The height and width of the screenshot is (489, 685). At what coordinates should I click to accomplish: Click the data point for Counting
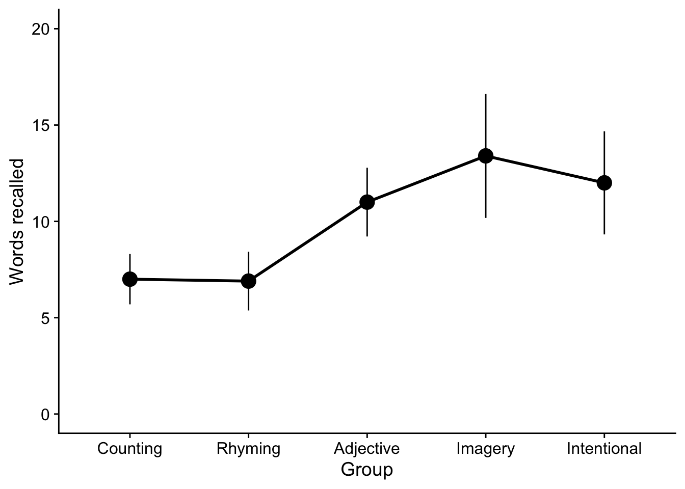click(x=130, y=279)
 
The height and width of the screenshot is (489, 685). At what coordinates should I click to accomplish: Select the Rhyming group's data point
click(x=248, y=281)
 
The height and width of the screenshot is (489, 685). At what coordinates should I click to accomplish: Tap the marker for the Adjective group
click(x=367, y=202)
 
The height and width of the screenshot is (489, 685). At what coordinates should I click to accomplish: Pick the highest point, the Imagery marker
click(x=486, y=156)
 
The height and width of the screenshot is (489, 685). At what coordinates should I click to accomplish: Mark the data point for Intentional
click(x=604, y=183)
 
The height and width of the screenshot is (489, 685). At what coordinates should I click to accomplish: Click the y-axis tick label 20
click(x=41, y=29)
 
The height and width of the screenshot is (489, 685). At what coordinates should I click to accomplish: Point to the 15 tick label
click(x=41, y=125)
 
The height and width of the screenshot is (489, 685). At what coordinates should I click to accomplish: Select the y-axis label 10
click(x=41, y=222)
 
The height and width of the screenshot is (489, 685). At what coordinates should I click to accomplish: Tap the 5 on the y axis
click(x=45, y=318)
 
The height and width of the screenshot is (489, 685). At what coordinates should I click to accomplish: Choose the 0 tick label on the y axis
click(x=45, y=414)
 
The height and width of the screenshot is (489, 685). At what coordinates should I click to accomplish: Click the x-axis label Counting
click(x=130, y=449)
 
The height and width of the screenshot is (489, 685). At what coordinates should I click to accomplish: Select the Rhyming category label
click(x=248, y=449)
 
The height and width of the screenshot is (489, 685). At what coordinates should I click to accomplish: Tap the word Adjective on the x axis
click(x=367, y=449)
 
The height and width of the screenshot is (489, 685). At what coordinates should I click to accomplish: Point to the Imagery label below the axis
click(x=486, y=449)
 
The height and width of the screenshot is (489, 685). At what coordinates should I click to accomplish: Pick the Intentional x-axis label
click(x=604, y=449)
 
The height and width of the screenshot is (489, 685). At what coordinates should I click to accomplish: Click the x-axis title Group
click(x=367, y=469)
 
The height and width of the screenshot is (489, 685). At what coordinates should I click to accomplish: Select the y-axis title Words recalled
click(x=17, y=222)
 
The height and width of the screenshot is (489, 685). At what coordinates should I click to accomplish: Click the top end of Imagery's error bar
click(x=486, y=95)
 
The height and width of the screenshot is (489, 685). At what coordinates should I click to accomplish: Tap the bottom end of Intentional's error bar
click(x=604, y=233)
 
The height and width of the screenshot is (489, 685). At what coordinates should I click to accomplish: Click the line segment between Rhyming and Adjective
click(x=308, y=241)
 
